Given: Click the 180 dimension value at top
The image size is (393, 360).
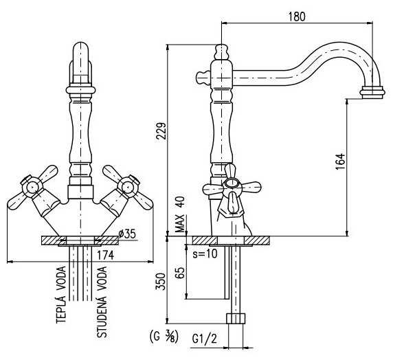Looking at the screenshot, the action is coord(297,16).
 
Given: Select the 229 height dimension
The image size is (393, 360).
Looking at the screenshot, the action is coord(161,131).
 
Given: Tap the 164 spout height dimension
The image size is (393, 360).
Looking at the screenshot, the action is coord(340,161).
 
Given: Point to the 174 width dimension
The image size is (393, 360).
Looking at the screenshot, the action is coord(105,255).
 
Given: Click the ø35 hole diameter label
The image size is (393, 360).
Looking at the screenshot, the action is coord(127,234).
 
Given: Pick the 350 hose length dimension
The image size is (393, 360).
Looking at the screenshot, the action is coord(161,282).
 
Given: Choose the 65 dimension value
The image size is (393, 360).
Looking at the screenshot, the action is coord(180,273).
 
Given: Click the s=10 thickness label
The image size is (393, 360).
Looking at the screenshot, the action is coord(205,254).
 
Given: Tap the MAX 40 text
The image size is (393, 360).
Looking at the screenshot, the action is coord(180,214).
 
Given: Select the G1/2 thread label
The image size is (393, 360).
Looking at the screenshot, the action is coord(204,339).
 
